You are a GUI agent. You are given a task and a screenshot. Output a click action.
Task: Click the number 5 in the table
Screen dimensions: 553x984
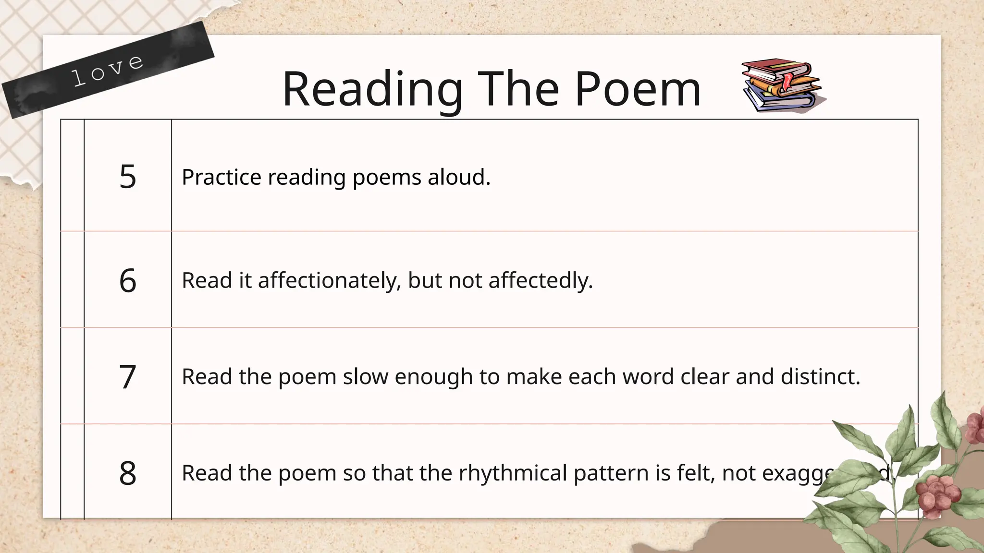click(x=128, y=177)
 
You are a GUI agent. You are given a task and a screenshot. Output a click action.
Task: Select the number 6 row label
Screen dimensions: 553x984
click(x=128, y=280)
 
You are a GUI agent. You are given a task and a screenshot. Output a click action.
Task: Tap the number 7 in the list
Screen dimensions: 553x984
click(x=128, y=377)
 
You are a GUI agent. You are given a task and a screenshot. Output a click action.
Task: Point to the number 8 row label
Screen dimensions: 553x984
click(x=128, y=473)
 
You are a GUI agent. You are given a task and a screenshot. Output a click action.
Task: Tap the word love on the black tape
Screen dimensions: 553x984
click(x=108, y=71)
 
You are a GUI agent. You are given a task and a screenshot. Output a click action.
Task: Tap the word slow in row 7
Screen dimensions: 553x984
click(x=365, y=377)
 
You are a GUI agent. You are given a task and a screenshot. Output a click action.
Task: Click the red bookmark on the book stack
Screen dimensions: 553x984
click(x=787, y=82)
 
